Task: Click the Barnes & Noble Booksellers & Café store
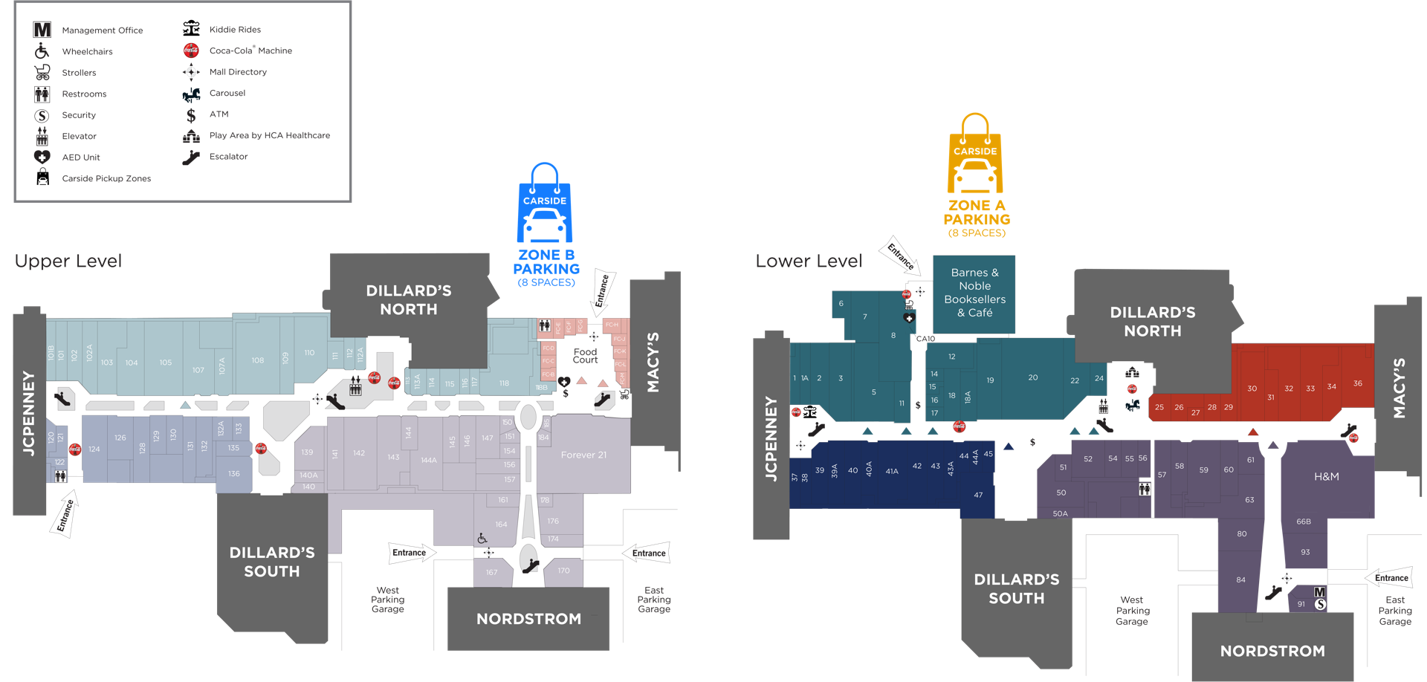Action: [974, 293]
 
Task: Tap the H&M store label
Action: [1326, 477]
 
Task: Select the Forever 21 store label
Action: [583, 455]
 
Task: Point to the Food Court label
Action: [585, 356]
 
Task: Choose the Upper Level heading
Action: [68, 262]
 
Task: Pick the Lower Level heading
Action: [809, 262]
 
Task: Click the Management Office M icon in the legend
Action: [42, 30]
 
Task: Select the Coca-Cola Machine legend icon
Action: [191, 51]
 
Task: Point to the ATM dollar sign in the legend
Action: [191, 115]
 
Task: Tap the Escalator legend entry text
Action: [228, 157]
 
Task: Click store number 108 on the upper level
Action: [258, 360]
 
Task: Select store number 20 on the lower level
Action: [1032, 377]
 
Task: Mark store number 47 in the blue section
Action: [978, 495]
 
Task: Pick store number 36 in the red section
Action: [1357, 383]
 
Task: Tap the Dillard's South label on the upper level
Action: [272, 562]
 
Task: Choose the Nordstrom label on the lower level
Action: [1272, 651]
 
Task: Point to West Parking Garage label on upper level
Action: [387, 600]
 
